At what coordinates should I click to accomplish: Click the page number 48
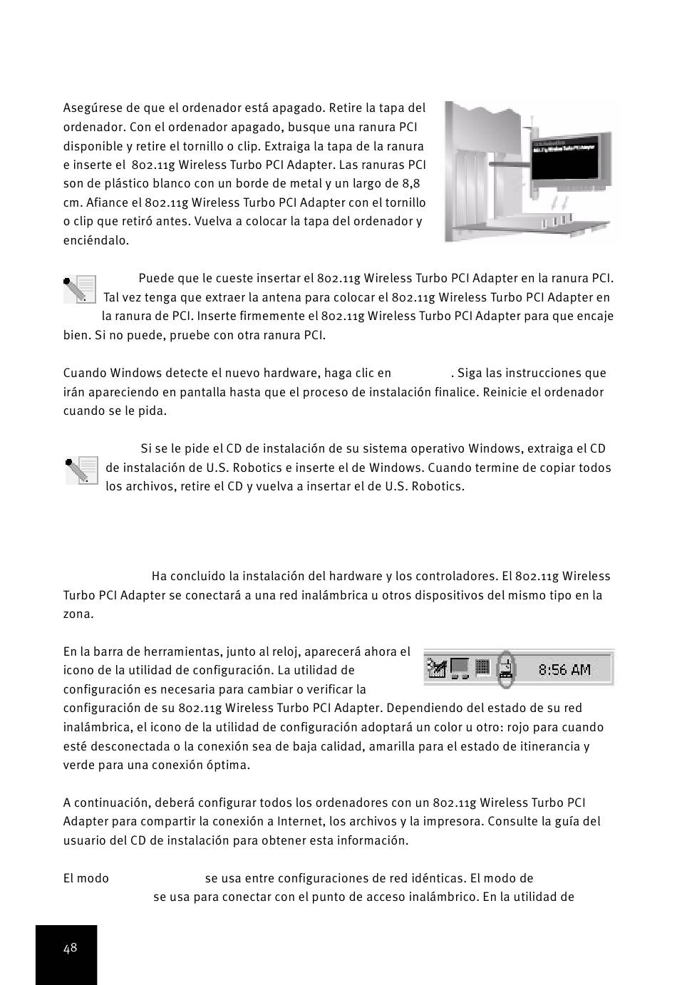point(70,948)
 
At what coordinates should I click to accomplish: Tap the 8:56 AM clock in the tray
point(564,669)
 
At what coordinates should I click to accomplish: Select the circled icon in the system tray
point(505,669)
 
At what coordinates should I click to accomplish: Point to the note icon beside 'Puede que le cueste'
point(79,289)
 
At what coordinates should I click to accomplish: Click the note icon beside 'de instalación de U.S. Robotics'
point(81,470)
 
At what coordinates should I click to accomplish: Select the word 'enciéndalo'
point(96,240)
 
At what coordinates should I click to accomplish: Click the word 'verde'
point(79,765)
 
